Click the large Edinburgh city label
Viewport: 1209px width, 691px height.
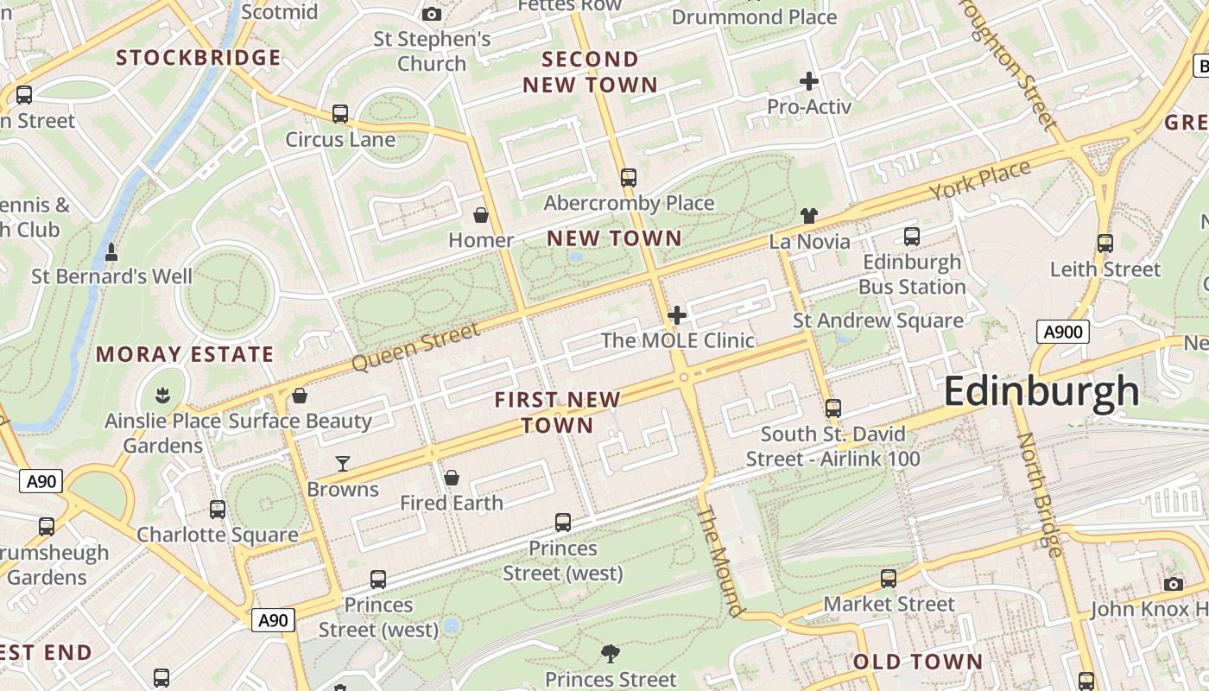[x=1041, y=391]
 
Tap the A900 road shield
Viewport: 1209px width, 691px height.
[x=1063, y=332]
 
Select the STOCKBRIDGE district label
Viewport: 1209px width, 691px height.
[x=199, y=58]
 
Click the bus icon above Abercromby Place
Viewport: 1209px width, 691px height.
[x=628, y=178]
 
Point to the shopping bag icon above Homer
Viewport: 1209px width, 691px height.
[x=481, y=214]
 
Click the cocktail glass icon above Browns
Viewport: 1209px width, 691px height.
[x=343, y=464]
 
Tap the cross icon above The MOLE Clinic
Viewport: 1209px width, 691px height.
[x=677, y=315]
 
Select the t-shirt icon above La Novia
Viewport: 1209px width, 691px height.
[x=809, y=216]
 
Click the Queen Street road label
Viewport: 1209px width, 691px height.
[x=415, y=347]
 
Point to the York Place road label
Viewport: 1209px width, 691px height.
[x=980, y=181]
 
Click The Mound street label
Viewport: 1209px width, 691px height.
[x=720, y=561]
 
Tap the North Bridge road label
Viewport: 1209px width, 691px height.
[x=1039, y=493]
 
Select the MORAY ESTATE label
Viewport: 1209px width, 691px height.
[x=185, y=354]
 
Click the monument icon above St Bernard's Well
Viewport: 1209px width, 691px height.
[x=111, y=252]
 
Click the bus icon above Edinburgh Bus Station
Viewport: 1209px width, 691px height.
[x=912, y=237]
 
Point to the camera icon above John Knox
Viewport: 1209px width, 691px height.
[x=1173, y=585]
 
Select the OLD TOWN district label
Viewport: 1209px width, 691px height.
[x=918, y=662]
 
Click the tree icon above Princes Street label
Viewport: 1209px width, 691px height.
[x=611, y=654]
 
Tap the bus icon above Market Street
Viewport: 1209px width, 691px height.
[x=889, y=579]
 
